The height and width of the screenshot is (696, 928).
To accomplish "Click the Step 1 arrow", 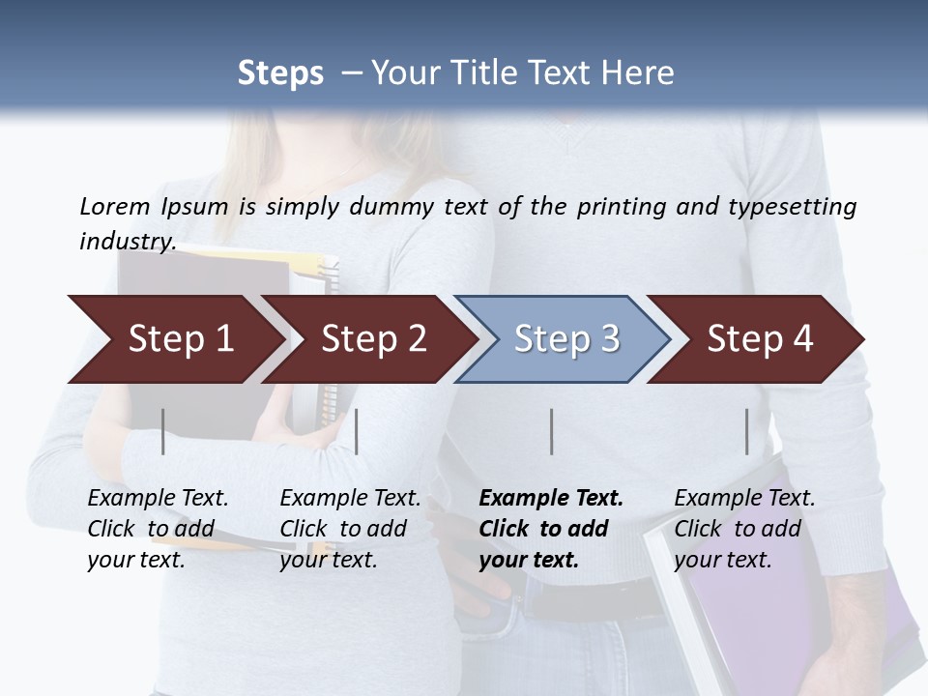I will pos(179,339).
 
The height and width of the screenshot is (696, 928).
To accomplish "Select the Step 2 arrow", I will pos(372,339).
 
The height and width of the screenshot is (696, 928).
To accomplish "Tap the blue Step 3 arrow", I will pos(565,339).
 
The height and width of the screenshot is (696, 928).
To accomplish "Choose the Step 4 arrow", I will pos(759,339).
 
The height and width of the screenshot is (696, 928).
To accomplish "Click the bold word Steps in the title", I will pos(280,73).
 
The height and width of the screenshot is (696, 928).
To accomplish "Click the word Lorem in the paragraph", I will pos(114,206).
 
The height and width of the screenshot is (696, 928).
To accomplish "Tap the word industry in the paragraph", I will pos(127,241).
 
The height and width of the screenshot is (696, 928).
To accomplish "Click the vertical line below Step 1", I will pos(163,431).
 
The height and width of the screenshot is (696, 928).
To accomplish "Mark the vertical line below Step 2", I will pos(357,431).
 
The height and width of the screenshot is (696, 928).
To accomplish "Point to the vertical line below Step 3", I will pos(551,431).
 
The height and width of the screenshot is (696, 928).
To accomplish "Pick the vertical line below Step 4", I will pos(746,431).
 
